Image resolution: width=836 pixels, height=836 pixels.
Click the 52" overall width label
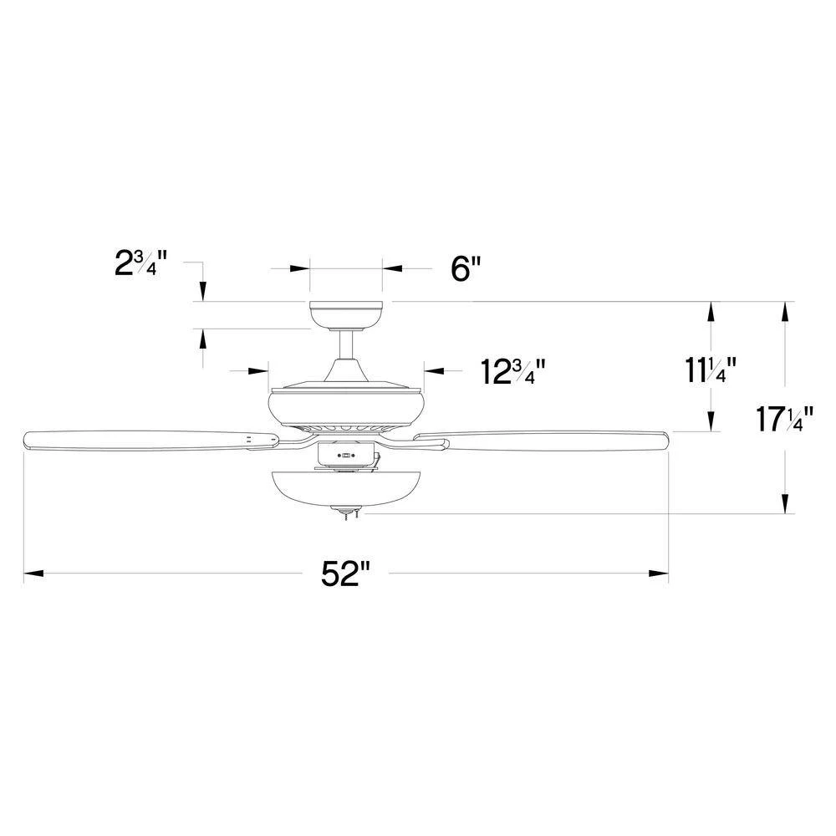(x=345, y=574)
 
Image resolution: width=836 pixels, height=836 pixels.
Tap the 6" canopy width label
(x=466, y=270)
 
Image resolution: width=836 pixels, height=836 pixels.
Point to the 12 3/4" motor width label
(x=513, y=371)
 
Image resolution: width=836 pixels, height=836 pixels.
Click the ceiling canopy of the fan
(x=346, y=315)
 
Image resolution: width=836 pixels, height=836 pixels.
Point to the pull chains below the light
(x=346, y=517)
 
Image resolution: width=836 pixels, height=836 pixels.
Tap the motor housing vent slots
(x=346, y=428)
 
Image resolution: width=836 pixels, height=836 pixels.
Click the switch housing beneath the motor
(x=344, y=454)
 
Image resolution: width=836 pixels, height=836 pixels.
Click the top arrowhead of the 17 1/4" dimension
(x=785, y=310)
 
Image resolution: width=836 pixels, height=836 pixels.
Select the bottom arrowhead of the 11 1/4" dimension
(x=711, y=422)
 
